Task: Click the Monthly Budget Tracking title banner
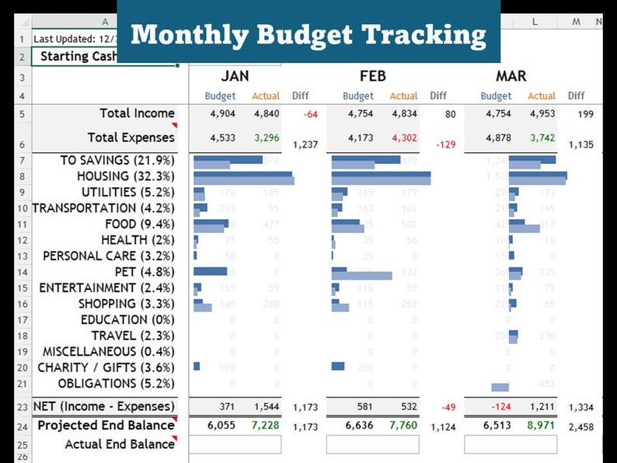tap(308, 34)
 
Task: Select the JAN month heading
tap(235, 76)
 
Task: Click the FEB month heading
tap(372, 76)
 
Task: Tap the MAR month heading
tap(511, 76)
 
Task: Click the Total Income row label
tap(137, 113)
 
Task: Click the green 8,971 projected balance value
tap(542, 425)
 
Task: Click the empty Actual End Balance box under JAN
tap(235, 444)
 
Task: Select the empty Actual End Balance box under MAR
tap(511, 444)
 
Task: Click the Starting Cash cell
tap(75, 56)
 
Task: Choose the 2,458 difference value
tap(580, 426)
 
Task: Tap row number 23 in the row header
tap(22, 407)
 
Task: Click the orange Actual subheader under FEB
tap(403, 96)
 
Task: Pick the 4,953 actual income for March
tap(542, 113)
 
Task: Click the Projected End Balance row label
tap(106, 425)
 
